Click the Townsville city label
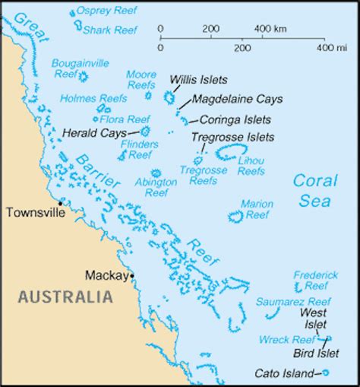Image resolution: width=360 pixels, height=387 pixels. [x=31, y=213]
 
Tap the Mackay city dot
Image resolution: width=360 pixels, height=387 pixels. [x=132, y=274]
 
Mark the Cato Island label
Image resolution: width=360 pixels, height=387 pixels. [x=283, y=373]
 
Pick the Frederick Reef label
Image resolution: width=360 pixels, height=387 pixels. [x=315, y=279]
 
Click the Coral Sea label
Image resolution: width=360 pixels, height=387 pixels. [x=313, y=191]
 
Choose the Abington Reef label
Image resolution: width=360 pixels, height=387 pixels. [x=155, y=187]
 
